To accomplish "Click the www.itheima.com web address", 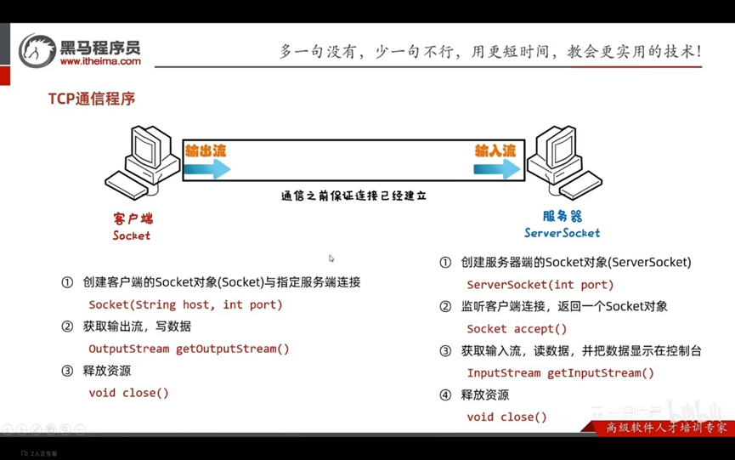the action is [x=100, y=61].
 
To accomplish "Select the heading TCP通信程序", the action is [x=92, y=99].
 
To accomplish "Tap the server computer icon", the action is [x=562, y=162].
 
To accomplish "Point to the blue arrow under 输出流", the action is [x=206, y=169].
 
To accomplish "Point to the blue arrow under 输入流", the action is [x=497, y=169].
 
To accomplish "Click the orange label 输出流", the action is [x=206, y=150].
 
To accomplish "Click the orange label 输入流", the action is [x=495, y=150].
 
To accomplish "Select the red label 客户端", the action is [x=132, y=218].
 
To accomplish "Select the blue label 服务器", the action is [x=562, y=217].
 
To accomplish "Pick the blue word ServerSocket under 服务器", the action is [x=562, y=233].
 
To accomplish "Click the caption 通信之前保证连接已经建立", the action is [x=353, y=196].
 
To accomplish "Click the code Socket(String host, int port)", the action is [x=185, y=304].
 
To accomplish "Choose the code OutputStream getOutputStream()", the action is [x=189, y=349].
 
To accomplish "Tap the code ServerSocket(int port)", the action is [x=540, y=285].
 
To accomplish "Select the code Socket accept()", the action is [x=517, y=329].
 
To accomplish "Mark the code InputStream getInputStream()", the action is [x=560, y=373].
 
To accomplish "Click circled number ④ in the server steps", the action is [x=445, y=395].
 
